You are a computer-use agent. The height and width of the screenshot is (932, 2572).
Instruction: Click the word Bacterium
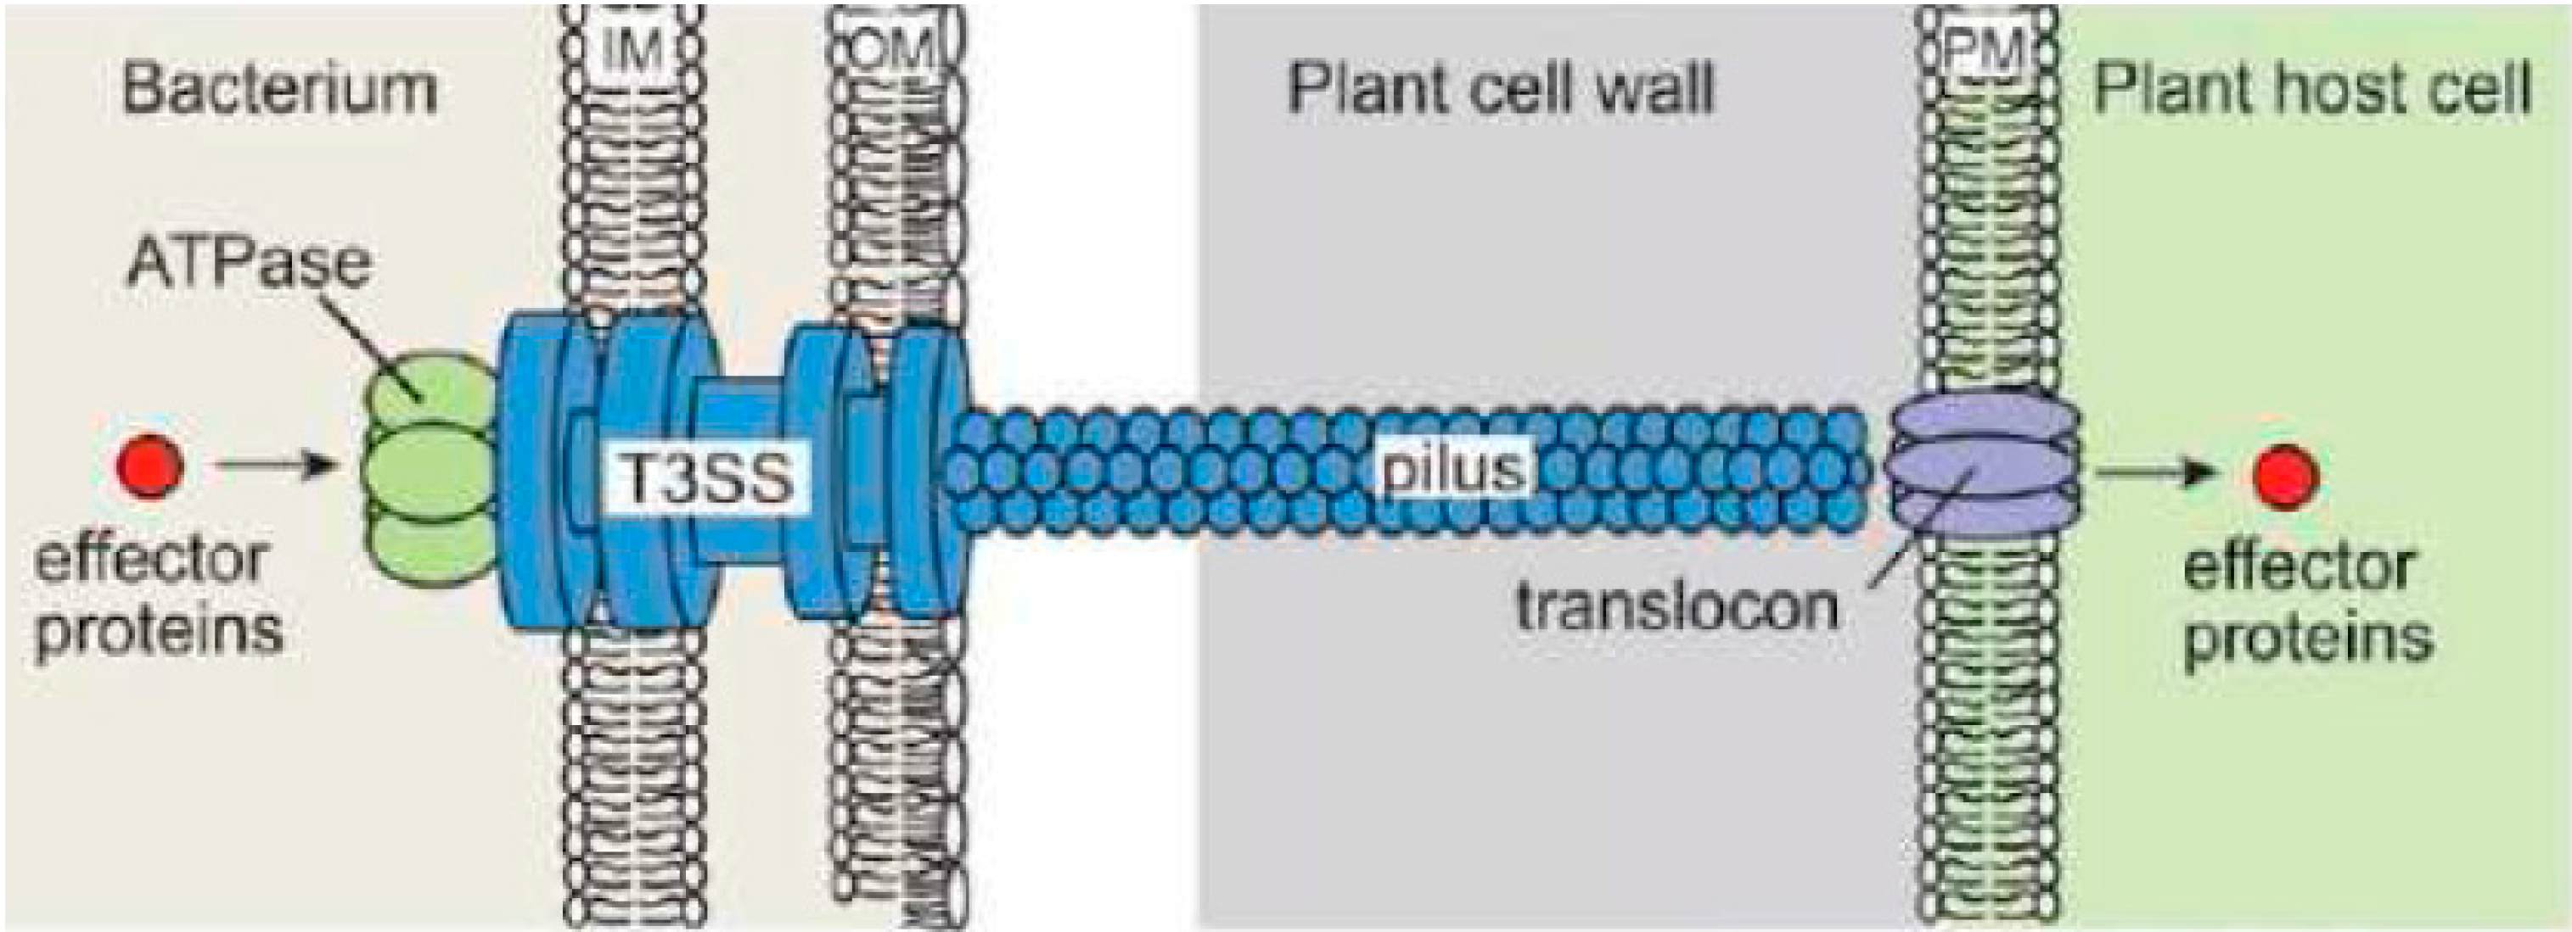pos(278,89)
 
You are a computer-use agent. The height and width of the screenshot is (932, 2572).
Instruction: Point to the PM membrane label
pos(1985,50)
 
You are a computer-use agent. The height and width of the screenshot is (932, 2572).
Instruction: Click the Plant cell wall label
pos(1501,89)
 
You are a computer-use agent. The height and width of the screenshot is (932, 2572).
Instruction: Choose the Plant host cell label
pos(2311,89)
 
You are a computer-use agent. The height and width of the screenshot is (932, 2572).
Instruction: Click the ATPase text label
pos(249,265)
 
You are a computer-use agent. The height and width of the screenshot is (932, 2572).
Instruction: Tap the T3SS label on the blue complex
pos(707,478)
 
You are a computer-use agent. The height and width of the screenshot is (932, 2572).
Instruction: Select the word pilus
pos(1452,468)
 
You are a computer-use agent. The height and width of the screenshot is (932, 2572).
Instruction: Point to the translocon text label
pos(1677,606)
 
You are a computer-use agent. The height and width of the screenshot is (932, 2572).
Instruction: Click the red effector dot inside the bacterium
pos(149,465)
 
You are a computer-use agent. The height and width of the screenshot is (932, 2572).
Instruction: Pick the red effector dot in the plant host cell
pos(2285,475)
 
